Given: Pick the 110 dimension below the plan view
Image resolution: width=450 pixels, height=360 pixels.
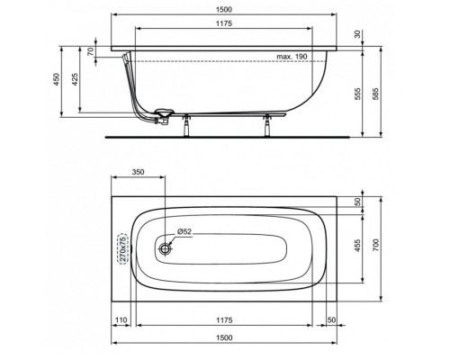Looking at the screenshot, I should [121, 320].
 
